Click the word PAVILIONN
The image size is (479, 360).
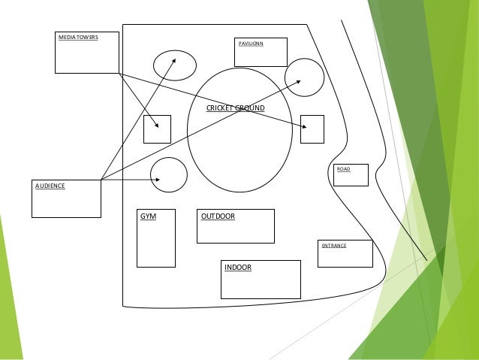tap(250, 44)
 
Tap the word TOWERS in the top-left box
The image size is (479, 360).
tap(86, 37)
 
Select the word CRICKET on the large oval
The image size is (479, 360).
tap(220, 109)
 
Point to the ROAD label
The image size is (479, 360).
tap(343, 169)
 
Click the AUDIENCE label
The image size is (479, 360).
tap(50, 185)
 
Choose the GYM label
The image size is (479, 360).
tap(148, 216)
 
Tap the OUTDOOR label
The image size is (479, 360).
tap(218, 216)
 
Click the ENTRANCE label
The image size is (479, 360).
tap(334, 246)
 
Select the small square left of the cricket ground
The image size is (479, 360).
tap(157, 129)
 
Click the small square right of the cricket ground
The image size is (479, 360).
tap(312, 129)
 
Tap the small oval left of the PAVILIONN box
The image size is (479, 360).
tap(175, 65)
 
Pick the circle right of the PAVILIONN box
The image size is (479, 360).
tap(304, 77)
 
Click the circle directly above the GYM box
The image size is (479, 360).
tap(168, 174)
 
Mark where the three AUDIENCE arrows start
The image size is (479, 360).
tap(101, 180)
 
